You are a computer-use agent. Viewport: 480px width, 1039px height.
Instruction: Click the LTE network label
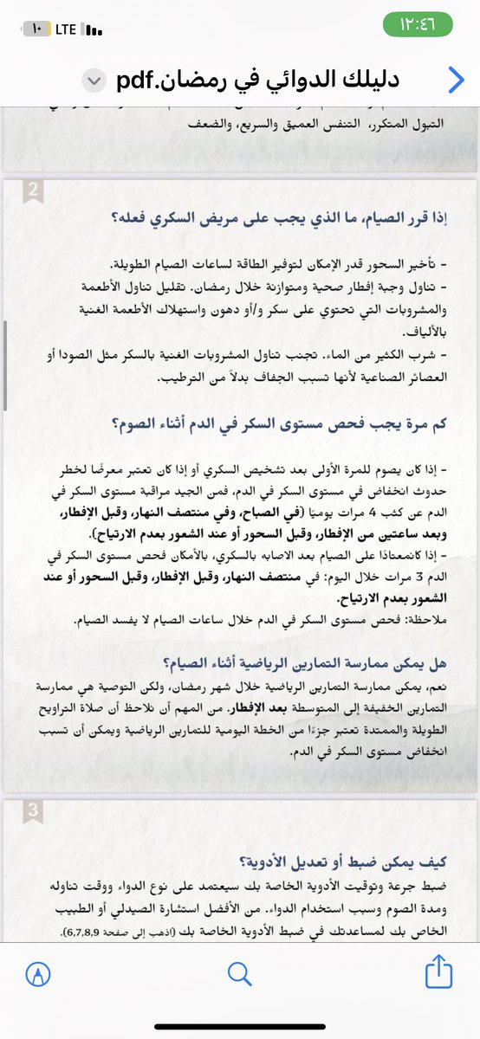point(66,29)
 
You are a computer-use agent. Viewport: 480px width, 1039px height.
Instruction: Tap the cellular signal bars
point(95,29)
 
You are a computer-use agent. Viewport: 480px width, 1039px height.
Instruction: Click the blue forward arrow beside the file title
point(456,80)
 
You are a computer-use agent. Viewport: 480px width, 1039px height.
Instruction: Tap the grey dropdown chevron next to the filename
point(93,81)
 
